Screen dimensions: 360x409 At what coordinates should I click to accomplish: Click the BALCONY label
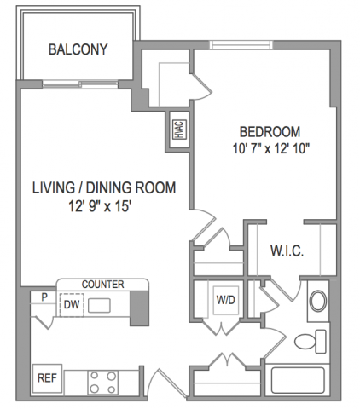[x=78, y=49]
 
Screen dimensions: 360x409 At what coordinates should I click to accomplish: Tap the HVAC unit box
[x=180, y=130]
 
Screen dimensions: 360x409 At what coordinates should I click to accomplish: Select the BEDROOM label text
[x=270, y=132]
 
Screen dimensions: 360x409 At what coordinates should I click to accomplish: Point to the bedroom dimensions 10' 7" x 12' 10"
[x=271, y=148]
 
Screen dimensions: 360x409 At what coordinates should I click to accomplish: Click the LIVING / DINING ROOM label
[x=104, y=188]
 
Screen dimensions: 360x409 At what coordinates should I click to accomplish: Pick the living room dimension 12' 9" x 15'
[x=100, y=206]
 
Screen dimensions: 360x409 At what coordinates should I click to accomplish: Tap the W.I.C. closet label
[x=287, y=251]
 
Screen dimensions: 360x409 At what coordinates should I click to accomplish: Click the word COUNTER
[x=102, y=285]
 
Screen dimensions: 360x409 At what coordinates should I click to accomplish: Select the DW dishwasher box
[x=72, y=305]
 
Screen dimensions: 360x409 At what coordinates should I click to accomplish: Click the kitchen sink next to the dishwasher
[x=99, y=305]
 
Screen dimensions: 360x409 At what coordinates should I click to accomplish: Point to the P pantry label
[x=44, y=297]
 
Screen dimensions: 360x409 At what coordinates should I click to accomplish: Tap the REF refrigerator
[x=47, y=378]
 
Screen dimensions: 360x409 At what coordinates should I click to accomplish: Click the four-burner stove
[x=103, y=383]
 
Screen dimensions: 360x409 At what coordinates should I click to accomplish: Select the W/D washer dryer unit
[x=226, y=300]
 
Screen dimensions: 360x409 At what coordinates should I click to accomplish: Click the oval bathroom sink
[x=318, y=301]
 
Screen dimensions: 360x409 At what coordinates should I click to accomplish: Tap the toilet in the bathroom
[x=311, y=341]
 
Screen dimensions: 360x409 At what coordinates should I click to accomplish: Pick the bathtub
[x=298, y=380]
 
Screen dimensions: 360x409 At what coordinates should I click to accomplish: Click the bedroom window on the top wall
[x=241, y=45]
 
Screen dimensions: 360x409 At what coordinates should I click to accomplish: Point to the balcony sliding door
[x=80, y=84]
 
